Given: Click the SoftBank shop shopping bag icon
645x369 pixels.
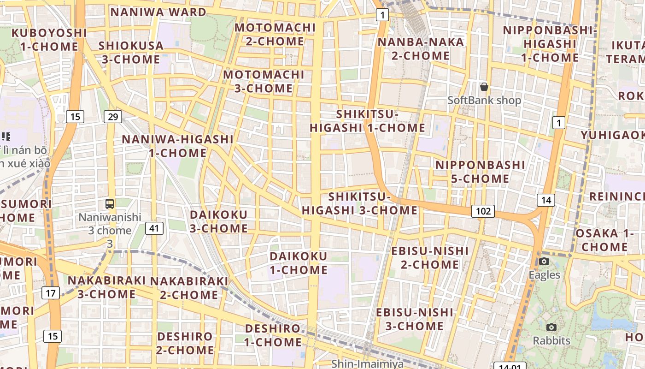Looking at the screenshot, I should pos(484,87).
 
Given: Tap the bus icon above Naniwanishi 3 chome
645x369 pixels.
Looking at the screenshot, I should pos(110,203).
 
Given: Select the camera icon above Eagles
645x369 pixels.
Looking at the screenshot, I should pos(544,262).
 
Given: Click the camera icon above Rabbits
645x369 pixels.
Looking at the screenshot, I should pos(551,327).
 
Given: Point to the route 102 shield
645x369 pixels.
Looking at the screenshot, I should pos(483,211).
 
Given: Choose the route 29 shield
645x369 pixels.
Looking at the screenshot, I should pos(113,117).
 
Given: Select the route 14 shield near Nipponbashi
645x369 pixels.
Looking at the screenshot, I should pos(546,200).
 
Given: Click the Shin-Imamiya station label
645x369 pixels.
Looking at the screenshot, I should pos(367,364).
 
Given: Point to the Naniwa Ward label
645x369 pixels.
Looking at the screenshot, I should pos(158,12).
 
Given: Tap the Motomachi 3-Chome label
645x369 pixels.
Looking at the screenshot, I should pos(264,81).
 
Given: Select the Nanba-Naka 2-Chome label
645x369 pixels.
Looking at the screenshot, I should pos(421,49).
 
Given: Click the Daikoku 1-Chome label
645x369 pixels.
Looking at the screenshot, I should pos(298,263).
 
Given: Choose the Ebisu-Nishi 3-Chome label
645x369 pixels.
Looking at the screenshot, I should pos(414,319).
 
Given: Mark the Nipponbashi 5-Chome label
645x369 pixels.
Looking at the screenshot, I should pos(480,172).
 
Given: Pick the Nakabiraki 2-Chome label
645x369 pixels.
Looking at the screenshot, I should pos(189,288).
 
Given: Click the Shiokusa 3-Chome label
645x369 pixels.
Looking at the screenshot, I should pos(131,53).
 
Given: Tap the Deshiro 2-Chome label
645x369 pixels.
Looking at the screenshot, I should pos(185,343).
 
